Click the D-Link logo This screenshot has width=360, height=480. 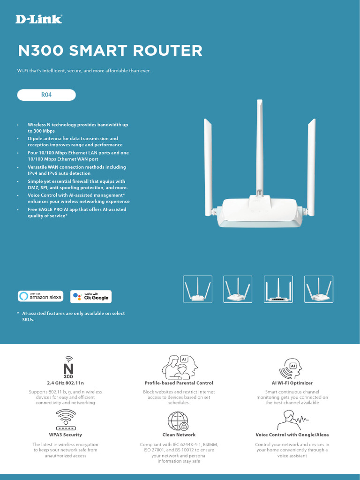(x=39, y=19)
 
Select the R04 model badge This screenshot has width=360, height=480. (x=46, y=95)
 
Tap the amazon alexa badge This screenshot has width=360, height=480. (x=42, y=296)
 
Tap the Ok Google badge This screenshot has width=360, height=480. (x=91, y=296)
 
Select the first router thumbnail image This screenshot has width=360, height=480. (x=197, y=289)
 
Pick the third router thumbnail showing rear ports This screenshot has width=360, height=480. (x=278, y=289)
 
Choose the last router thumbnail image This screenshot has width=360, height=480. (x=319, y=289)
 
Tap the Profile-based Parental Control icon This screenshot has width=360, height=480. (x=179, y=366)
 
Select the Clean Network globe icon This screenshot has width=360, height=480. (x=178, y=421)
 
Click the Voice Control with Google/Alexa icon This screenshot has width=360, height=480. (x=292, y=420)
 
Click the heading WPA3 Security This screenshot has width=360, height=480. (x=66, y=435)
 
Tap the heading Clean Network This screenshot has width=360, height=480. (x=179, y=435)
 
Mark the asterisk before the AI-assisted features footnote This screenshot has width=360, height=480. (x=18, y=314)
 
